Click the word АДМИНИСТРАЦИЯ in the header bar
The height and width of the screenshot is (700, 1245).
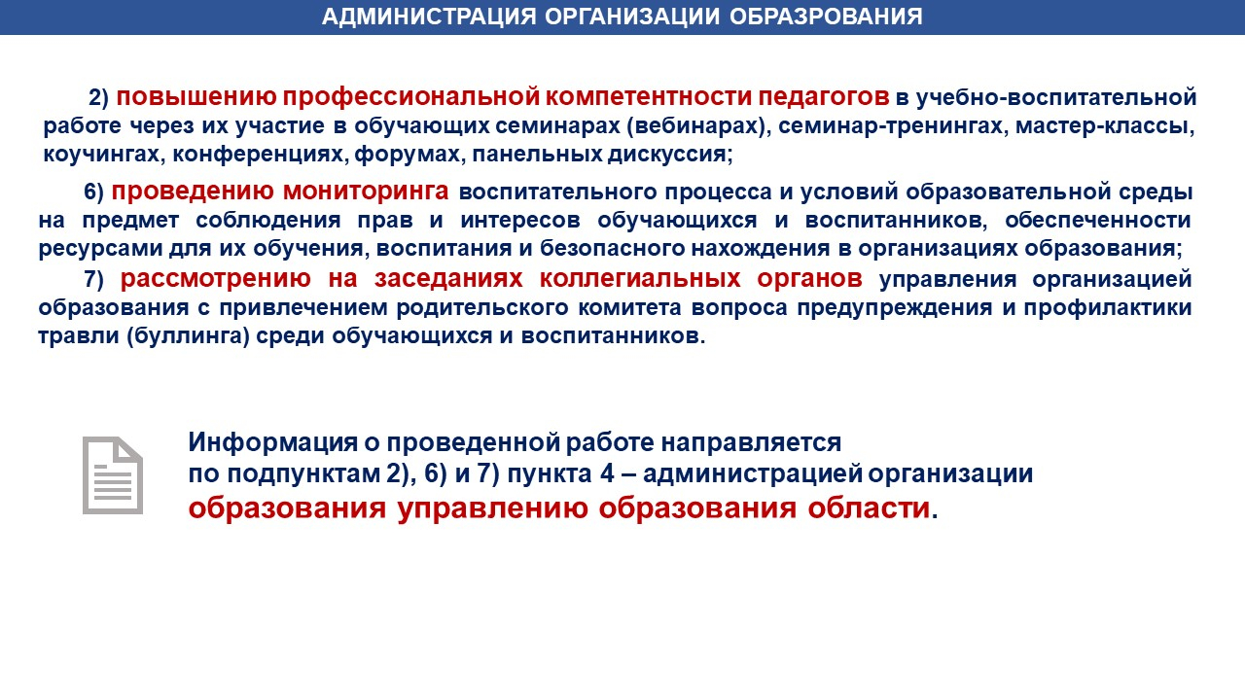429,17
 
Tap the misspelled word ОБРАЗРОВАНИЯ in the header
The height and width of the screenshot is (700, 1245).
826,17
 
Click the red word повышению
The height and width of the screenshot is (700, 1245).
196,96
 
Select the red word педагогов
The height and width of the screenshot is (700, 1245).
824,97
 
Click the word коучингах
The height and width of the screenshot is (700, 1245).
102,154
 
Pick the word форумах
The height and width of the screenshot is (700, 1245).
408,154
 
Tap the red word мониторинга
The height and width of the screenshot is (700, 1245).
366,192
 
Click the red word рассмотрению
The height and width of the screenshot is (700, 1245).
216,279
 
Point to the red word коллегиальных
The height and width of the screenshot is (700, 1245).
640,278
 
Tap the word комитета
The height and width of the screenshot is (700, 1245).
629,307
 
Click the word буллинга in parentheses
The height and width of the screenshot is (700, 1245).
189,336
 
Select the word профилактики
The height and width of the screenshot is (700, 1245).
1108,307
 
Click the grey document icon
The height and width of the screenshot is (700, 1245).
113,475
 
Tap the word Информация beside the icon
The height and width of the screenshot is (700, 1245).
272,442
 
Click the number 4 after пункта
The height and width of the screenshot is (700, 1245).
607,473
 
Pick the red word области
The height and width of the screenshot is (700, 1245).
869,507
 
